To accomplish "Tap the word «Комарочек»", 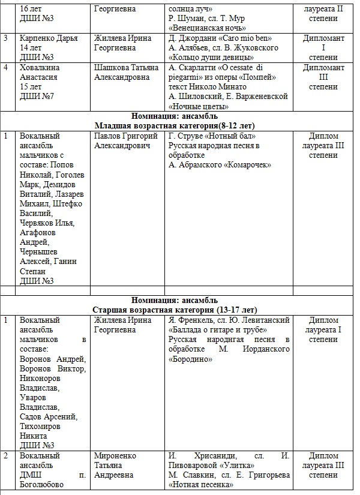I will [x=247, y=164].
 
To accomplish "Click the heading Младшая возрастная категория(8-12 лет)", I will [x=178, y=125].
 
